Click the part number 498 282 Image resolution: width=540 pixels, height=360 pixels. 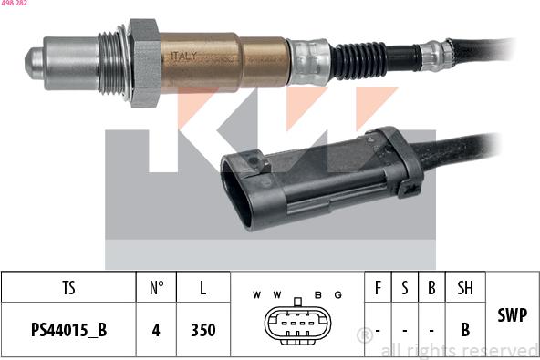pyautogui.click(x=14, y=3)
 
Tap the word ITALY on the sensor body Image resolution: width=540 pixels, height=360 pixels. pyautogui.click(x=184, y=57)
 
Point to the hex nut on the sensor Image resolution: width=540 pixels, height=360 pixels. pyautogui.click(x=145, y=63)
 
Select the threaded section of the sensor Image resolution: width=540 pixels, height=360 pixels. pyautogui.click(x=111, y=63)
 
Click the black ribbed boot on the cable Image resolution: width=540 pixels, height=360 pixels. pyautogui.click(x=358, y=60)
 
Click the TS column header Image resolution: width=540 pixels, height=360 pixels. pyautogui.click(x=69, y=287)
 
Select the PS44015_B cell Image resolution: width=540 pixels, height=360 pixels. pyautogui.click(x=69, y=330)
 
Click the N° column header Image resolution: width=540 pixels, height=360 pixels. pyautogui.click(x=156, y=287)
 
